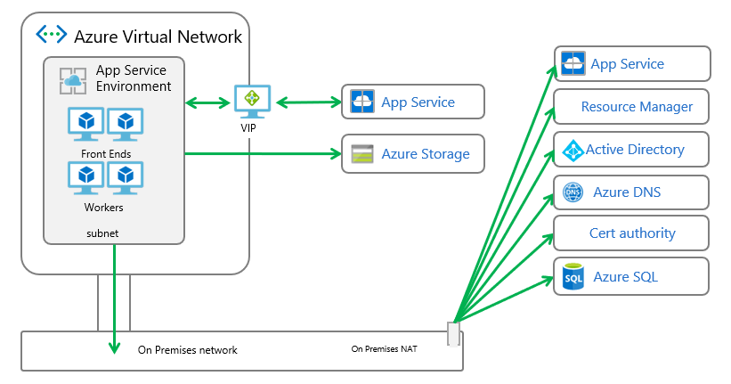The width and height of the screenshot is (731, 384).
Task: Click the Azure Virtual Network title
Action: click(x=158, y=37)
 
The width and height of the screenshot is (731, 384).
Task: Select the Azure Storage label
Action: click(x=425, y=154)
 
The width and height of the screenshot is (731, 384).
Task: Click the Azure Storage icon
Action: click(x=362, y=153)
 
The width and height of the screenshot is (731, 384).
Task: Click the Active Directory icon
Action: click(x=571, y=150)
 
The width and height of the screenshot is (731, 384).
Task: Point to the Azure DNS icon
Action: click(x=573, y=192)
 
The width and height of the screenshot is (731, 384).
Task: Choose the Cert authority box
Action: click(x=631, y=233)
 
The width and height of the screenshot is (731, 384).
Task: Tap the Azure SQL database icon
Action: click(x=573, y=277)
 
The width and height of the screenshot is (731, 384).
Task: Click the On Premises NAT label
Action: click(x=385, y=349)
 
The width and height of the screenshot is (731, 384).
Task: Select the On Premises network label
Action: click(x=187, y=350)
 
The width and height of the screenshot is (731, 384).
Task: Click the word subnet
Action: click(x=102, y=233)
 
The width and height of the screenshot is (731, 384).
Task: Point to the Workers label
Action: click(x=104, y=208)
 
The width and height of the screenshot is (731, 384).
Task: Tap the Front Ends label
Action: click(x=106, y=154)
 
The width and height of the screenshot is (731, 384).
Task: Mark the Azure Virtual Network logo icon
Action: click(x=51, y=35)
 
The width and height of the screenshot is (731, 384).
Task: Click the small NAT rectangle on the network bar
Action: click(x=453, y=333)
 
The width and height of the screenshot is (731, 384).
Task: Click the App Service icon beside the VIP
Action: click(x=362, y=102)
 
